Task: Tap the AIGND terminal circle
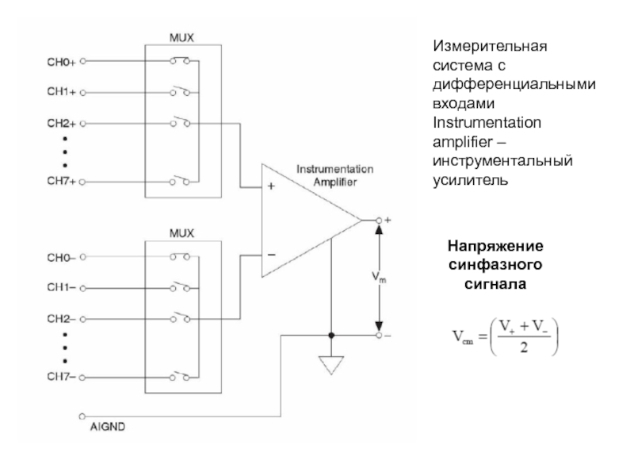(82, 416)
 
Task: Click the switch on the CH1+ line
(179, 91)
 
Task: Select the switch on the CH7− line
(179, 378)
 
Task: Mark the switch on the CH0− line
(179, 257)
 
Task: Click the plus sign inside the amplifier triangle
(272, 188)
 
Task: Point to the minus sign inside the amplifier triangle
(272, 255)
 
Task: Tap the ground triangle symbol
(331, 366)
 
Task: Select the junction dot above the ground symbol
(331, 335)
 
